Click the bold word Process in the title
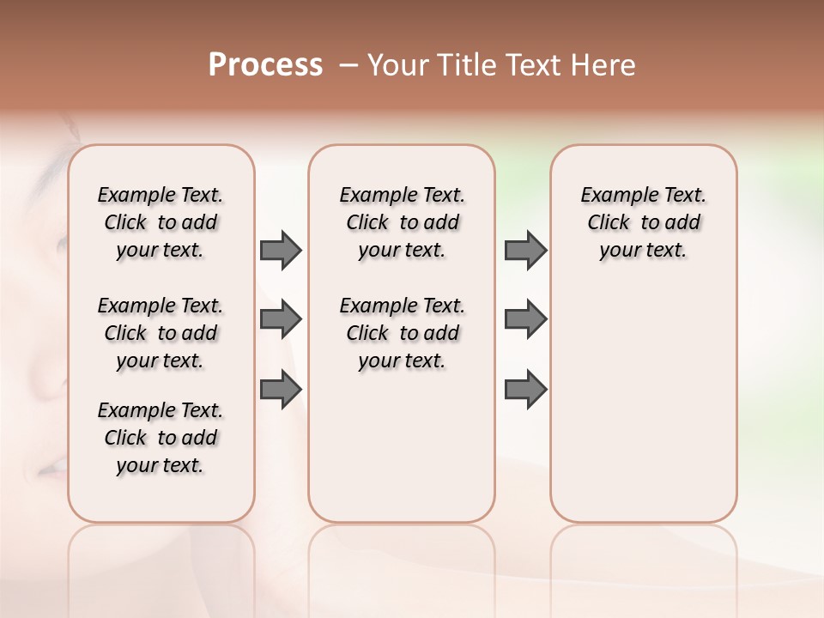coord(265,65)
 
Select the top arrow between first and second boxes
coord(281,250)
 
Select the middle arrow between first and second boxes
coord(281,319)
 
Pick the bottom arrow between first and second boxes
coord(281,389)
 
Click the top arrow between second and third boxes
coord(525,250)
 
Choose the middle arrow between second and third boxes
coord(525,319)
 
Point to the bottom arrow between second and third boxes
coord(525,389)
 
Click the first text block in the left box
coord(161,222)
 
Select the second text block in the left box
coord(161,333)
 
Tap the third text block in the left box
coord(161,438)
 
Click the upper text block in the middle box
coord(402,222)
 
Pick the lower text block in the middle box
coord(402,333)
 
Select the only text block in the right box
coord(643,222)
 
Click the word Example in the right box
coord(613,196)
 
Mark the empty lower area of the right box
coord(643,395)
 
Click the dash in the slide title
coord(348,65)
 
